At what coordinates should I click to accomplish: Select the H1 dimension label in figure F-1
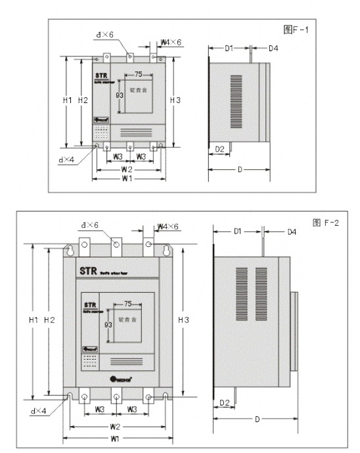[67, 100]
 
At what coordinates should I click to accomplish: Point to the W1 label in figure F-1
[127, 178]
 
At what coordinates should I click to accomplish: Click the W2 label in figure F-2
[116, 427]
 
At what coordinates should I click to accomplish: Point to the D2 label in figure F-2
[224, 402]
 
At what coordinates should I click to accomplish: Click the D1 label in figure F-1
[229, 49]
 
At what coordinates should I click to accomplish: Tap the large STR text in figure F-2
[88, 269]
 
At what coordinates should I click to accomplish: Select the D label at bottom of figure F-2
[256, 418]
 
